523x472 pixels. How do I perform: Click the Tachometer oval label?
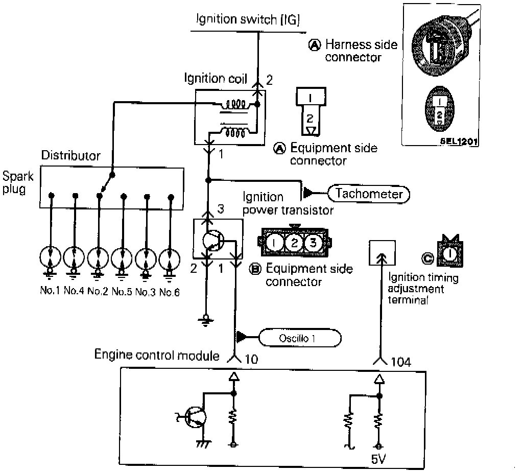[369, 194]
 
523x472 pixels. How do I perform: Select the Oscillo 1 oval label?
[300, 338]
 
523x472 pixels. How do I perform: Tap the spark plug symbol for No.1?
[50, 258]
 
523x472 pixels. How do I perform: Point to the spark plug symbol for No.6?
[170, 259]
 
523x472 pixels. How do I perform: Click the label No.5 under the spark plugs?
[122, 292]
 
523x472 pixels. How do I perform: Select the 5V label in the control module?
[378, 459]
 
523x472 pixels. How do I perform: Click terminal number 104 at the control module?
[401, 362]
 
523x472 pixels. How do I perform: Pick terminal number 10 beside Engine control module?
[251, 359]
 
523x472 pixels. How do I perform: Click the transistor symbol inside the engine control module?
[195, 417]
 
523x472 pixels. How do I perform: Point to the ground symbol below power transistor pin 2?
[206, 320]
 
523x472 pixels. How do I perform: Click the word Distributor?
[70, 155]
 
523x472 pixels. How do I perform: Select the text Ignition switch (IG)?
[248, 19]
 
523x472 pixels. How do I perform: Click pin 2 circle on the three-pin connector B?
[294, 243]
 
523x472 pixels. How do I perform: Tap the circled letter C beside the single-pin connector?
[427, 258]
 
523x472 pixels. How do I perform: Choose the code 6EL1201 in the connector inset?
[459, 141]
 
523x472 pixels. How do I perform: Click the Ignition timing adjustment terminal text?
[422, 289]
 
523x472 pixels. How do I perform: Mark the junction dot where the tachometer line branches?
[208, 180]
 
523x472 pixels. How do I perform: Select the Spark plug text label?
[18, 182]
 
